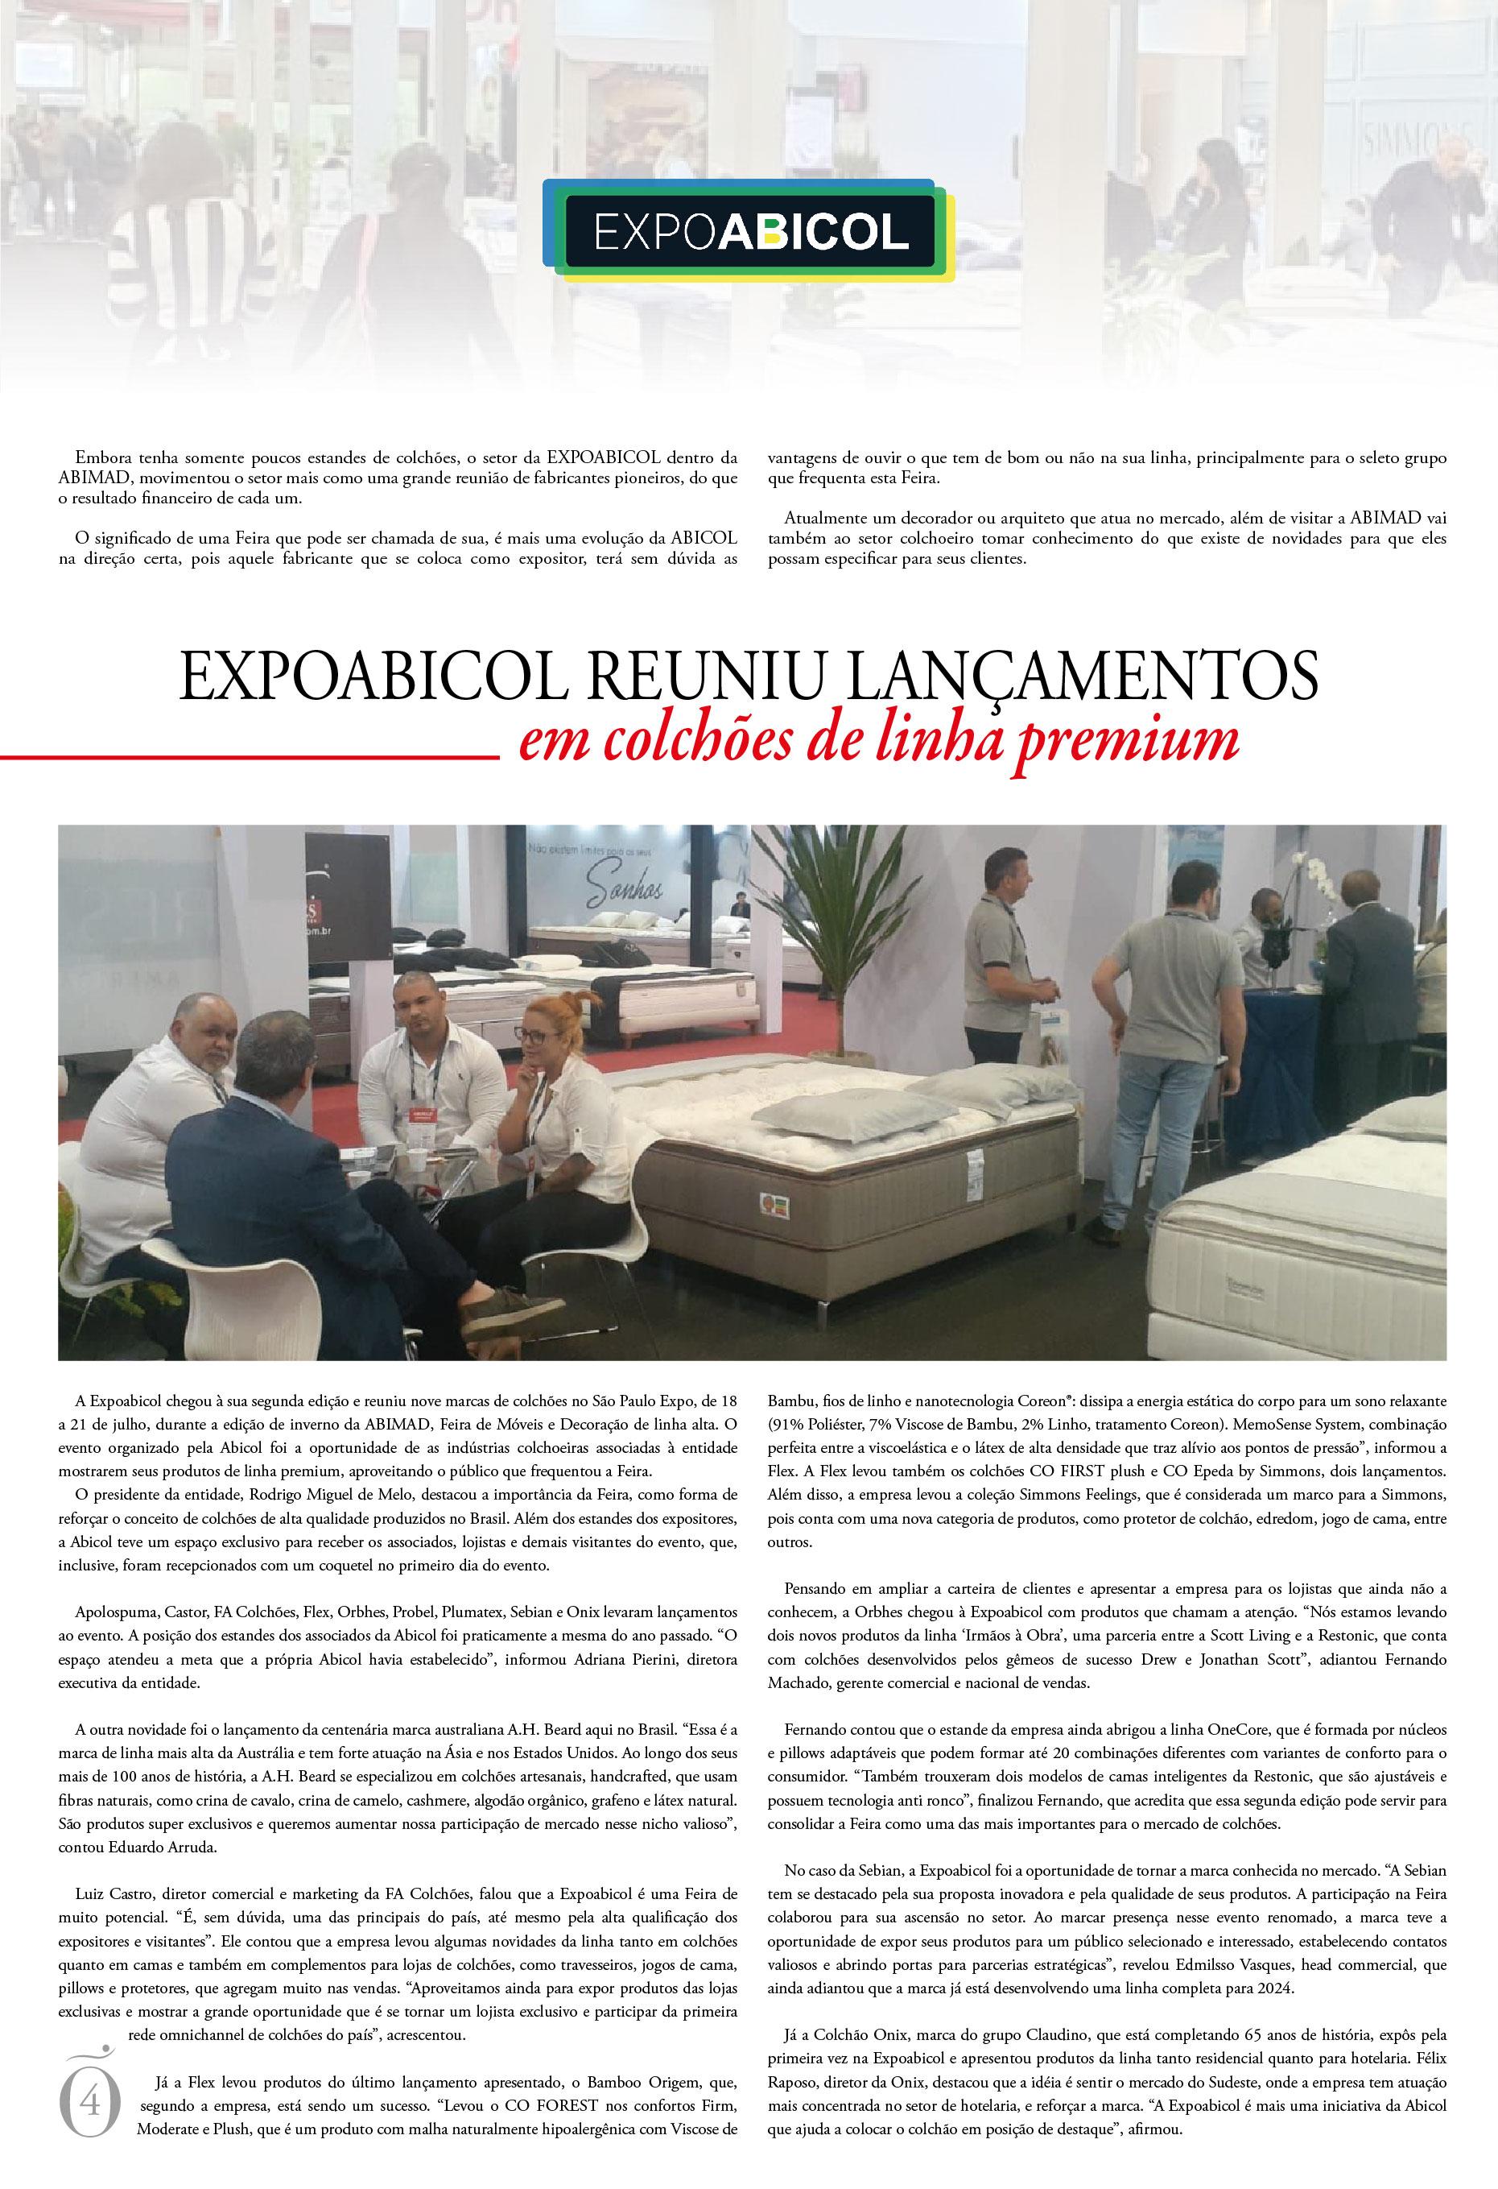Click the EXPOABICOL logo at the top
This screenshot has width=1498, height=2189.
[750, 229]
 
